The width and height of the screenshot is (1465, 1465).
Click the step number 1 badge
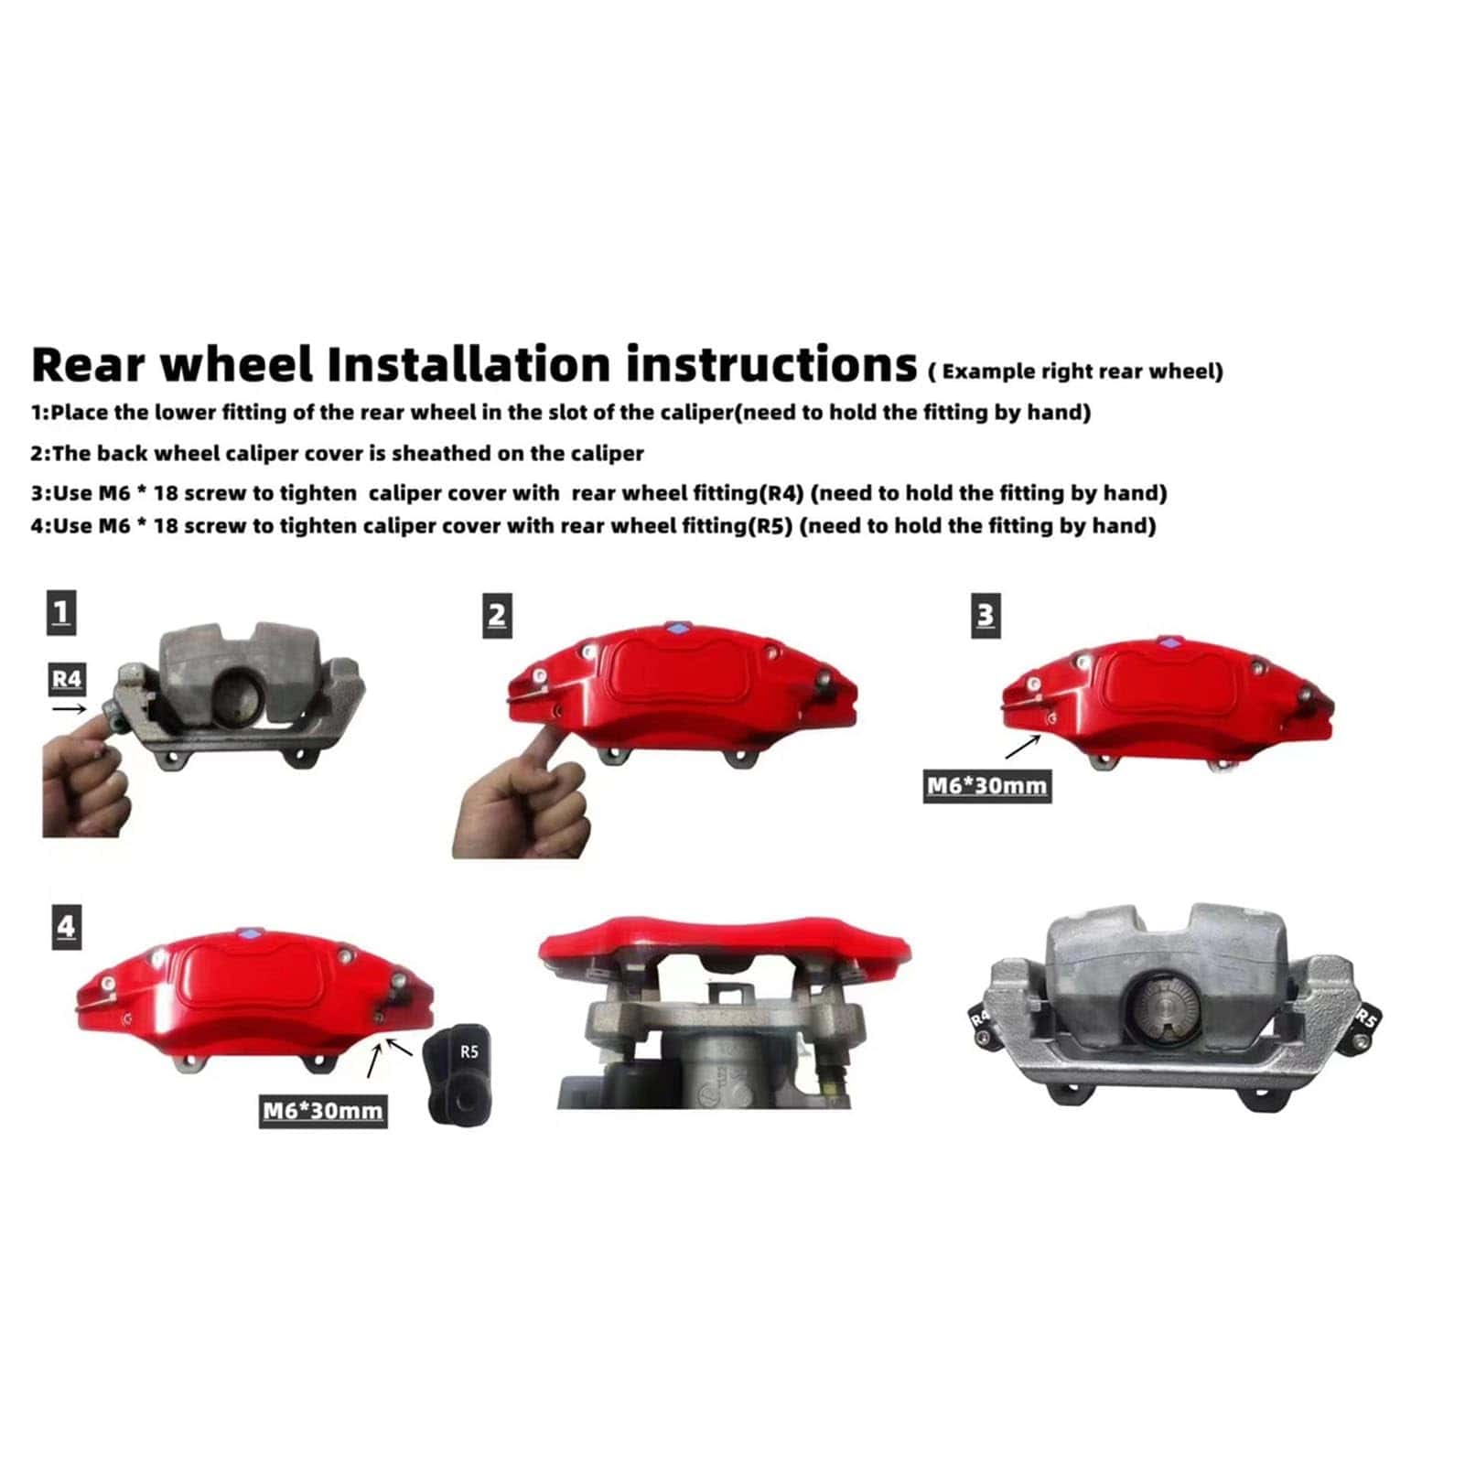pos(61,612)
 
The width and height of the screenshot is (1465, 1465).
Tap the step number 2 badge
pos(497,615)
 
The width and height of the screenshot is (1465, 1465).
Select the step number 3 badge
pos(986,615)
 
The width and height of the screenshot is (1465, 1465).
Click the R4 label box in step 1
pos(67,678)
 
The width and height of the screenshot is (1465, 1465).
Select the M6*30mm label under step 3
pos(986,786)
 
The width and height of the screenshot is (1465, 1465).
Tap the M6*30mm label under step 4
pos(322,1111)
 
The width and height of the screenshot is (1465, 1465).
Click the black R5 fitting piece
pos(459,1074)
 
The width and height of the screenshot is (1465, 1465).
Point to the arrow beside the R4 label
pos(70,707)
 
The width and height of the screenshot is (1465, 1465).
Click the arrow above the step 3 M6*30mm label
pos(1022,747)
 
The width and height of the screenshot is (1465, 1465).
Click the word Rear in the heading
pos(89,363)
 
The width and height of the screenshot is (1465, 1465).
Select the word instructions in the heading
pos(771,363)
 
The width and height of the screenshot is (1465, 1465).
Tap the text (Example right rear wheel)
pos(1076,372)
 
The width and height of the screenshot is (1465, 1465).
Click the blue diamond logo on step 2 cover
pos(677,629)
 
